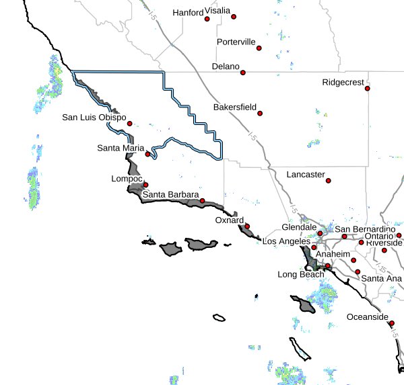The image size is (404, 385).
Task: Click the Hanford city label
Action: pyautogui.click(x=188, y=13)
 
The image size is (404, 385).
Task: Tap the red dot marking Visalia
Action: pyautogui.click(x=207, y=19)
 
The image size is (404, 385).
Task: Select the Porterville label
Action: pyautogui.click(x=236, y=42)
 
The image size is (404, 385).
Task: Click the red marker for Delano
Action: pyautogui.click(x=243, y=73)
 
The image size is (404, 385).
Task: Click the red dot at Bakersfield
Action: pyautogui.click(x=260, y=113)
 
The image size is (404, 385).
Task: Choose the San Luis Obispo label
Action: pyautogui.click(x=94, y=118)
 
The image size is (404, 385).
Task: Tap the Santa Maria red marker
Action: pyautogui.click(x=148, y=155)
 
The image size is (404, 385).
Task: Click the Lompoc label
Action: pyautogui.click(x=125, y=179)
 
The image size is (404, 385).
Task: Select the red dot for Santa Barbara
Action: pyautogui.click(x=202, y=201)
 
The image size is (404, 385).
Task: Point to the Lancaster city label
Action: pyautogui.click(x=306, y=174)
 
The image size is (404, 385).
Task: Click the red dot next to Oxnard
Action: pyautogui.click(x=247, y=226)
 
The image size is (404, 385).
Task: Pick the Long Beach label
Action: pyautogui.click(x=300, y=275)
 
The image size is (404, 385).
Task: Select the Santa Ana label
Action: pyautogui.click(x=381, y=278)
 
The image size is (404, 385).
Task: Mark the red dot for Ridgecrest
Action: pyautogui.click(x=368, y=88)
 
